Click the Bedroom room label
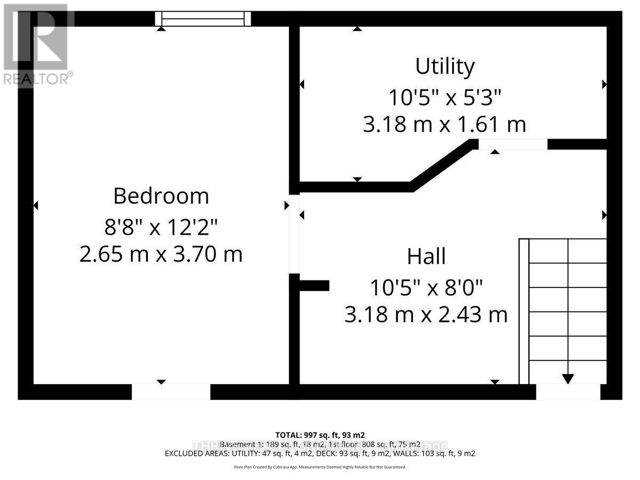point(161,196)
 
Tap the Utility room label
point(445,67)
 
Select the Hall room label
point(426,257)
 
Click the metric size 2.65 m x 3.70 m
point(161,254)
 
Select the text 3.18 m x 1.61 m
point(445,125)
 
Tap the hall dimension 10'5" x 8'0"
point(426,288)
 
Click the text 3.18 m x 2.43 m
point(426,315)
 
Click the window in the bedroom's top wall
point(203,19)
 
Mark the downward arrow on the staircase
point(567,378)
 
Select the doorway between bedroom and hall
point(294,234)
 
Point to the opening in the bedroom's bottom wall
point(171,391)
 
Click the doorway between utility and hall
point(513,145)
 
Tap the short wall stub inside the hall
point(314,286)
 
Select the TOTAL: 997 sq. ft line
point(320,435)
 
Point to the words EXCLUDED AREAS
point(197,454)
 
